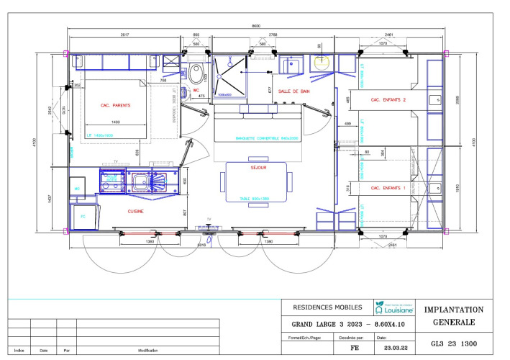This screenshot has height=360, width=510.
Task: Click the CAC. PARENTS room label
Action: point(115,105)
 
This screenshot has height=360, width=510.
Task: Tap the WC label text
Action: point(195,91)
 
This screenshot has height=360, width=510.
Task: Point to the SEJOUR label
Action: point(257,167)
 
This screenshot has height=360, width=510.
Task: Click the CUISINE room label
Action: point(135,212)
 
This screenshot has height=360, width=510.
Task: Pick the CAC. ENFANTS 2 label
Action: point(388,100)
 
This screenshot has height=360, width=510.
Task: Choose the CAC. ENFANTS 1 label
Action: point(388,188)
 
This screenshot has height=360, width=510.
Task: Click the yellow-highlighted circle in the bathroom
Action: point(320,60)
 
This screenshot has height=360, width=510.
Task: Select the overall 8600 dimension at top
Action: point(256,27)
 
